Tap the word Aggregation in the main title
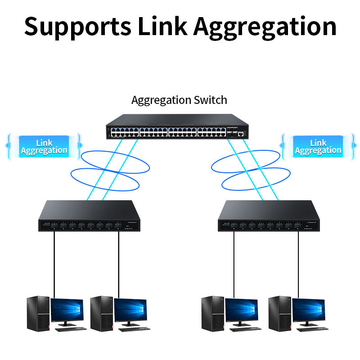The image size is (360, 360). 265,27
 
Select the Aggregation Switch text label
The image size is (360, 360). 179,100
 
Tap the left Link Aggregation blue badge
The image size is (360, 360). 44,147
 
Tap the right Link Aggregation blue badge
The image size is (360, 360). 318,147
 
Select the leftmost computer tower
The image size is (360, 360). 37,312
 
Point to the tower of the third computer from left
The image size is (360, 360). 212,312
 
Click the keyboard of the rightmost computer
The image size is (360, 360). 311,329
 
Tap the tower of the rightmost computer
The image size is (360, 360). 279,312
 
